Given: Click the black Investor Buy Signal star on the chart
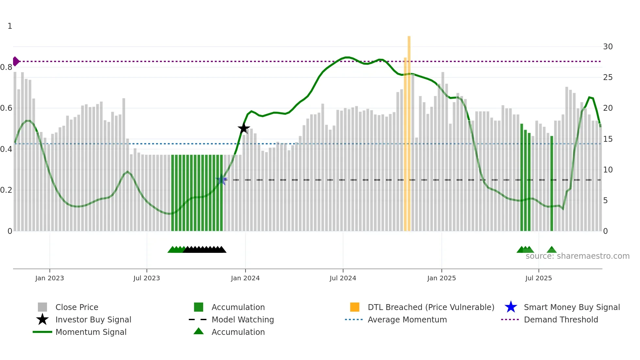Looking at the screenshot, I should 244,128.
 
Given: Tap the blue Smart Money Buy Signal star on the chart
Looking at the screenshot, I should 221,179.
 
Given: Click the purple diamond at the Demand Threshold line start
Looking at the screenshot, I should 16,61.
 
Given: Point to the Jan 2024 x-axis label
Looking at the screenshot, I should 245,278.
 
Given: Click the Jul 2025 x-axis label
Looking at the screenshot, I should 538,278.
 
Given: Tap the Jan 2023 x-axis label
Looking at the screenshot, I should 50,278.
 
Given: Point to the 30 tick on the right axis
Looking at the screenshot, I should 608,46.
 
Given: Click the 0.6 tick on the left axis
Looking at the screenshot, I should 6,108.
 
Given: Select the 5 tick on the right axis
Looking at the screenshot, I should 605,200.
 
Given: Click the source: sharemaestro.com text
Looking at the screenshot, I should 577,256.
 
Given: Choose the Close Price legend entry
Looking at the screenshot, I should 77,307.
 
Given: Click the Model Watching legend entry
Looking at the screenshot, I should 243,319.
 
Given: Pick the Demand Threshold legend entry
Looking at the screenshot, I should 561,319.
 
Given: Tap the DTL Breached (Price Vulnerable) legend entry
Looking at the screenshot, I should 431,307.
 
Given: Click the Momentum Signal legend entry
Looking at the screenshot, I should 91,332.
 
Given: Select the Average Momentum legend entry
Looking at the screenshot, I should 407,319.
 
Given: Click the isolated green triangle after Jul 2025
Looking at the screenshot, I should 552,250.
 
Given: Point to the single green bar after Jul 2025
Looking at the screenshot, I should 552,183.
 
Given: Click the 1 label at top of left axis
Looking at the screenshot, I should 10,26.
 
